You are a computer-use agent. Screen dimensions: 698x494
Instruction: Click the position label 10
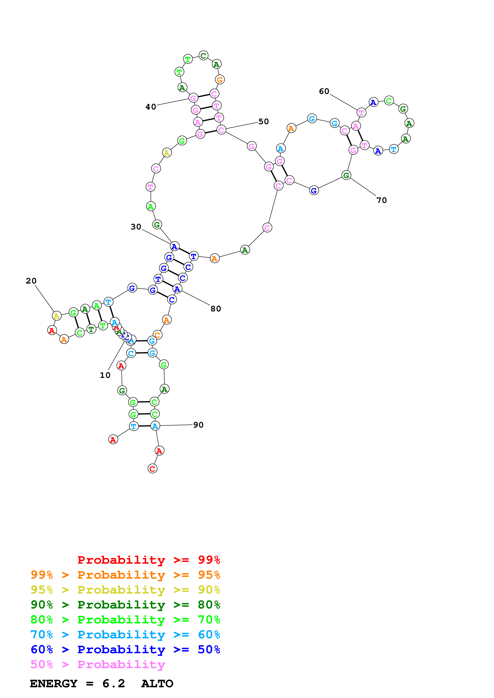[105, 375]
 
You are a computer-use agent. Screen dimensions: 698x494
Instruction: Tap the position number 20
[31, 281]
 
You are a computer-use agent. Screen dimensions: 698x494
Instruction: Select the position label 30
[136, 227]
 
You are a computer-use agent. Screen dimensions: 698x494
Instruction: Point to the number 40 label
[151, 107]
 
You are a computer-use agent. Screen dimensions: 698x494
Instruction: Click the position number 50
[264, 122]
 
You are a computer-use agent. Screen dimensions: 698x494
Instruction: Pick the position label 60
[324, 91]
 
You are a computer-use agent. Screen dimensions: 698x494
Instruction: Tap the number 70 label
[382, 200]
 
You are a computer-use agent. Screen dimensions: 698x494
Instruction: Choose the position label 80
[216, 309]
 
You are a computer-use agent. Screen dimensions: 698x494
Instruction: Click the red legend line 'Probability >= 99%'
[148, 560]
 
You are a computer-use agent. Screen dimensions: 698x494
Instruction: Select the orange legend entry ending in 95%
[125, 575]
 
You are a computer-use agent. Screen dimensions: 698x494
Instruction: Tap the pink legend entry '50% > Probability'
[98, 665]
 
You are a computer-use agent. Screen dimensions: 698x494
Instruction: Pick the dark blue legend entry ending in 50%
[125, 650]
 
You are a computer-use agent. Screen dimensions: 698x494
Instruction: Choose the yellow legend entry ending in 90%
[125, 590]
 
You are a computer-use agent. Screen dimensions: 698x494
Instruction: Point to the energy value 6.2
[114, 684]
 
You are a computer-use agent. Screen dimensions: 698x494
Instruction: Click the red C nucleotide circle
[152, 468]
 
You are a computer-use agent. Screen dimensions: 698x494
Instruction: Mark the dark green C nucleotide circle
[203, 56]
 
